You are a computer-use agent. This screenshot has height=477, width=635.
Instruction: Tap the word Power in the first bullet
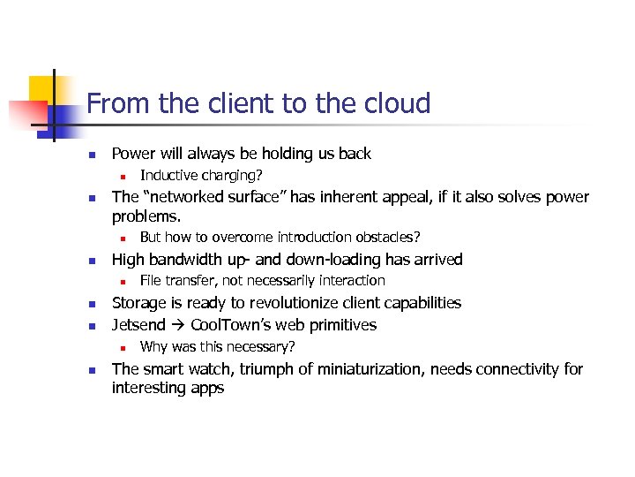tap(133, 154)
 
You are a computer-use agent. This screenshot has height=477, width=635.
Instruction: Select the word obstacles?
tap(385, 237)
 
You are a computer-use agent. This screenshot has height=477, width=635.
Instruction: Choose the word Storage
tap(139, 303)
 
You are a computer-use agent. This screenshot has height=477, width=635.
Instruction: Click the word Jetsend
tap(139, 325)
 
